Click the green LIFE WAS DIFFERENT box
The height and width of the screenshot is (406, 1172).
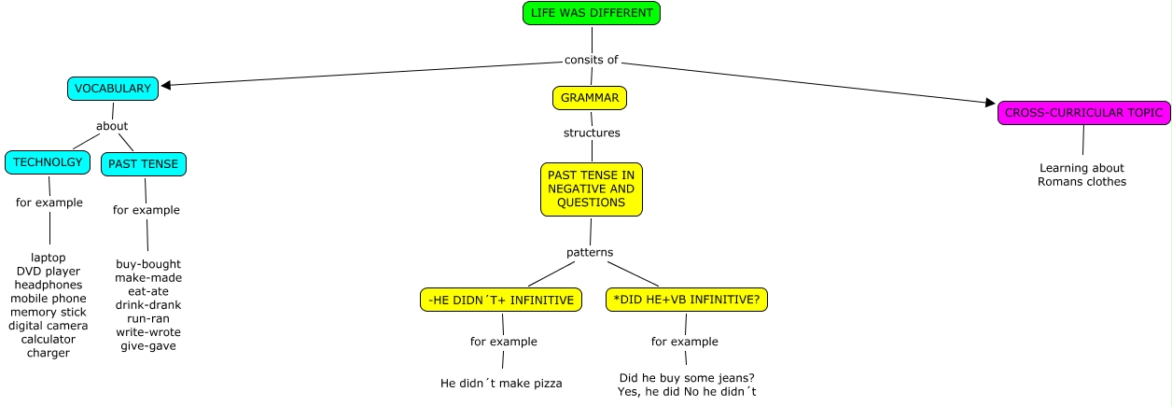pyautogui.click(x=592, y=13)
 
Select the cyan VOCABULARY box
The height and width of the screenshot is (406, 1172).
pyautogui.click(x=112, y=89)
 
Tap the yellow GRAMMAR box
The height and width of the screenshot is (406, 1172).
pyautogui.click(x=590, y=97)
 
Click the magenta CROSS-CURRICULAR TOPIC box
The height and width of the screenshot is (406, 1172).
pyautogui.click(x=1083, y=113)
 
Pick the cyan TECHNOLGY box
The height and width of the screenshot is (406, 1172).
pyautogui.click(x=48, y=162)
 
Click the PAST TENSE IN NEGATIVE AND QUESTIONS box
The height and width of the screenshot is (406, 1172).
pyautogui.click(x=592, y=189)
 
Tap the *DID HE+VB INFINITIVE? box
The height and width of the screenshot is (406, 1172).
pyautogui.click(x=686, y=300)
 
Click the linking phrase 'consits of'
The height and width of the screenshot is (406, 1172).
pyautogui.click(x=592, y=60)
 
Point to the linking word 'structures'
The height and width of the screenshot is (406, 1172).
pyautogui.click(x=592, y=133)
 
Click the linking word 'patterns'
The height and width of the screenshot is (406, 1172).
pyautogui.click(x=590, y=252)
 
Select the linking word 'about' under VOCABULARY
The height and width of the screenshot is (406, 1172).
pyautogui.click(x=112, y=126)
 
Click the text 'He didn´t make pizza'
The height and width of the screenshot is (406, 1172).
pyautogui.click(x=501, y=383)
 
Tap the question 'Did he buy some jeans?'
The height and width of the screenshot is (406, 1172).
pyautogui.click(x=686, y=377)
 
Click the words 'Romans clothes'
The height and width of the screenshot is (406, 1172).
pyautogui.click(x=1081, y=181)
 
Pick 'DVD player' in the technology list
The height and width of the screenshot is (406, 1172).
pyautogui.click(x=49, y=272)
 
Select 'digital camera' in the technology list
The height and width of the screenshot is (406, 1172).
pyautogui.click(x=49, y=326)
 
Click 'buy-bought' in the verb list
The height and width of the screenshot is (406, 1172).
pyautogui.click(x=148, y=264)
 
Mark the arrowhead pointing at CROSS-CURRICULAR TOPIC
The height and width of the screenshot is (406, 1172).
pyautogui.click(x=991, y=103)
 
